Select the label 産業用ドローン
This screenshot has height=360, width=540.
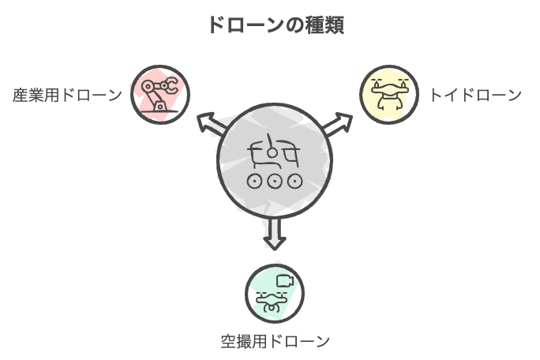[x=67, y=96]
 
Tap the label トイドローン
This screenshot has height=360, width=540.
[x=475, y=96]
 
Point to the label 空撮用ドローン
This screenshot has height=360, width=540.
[x=274, y=342]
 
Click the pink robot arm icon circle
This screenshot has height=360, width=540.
[x=159, y=95]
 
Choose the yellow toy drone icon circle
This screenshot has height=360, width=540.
[x=388, y=95]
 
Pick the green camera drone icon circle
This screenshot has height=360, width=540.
[x=274, y=293]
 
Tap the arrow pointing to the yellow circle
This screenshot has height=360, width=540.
[x=339, y=122]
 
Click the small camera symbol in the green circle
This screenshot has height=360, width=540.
[x=284, y=280]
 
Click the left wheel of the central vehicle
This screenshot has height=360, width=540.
[x=254, y=181]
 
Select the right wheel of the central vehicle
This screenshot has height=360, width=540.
[x=294, y=181]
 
